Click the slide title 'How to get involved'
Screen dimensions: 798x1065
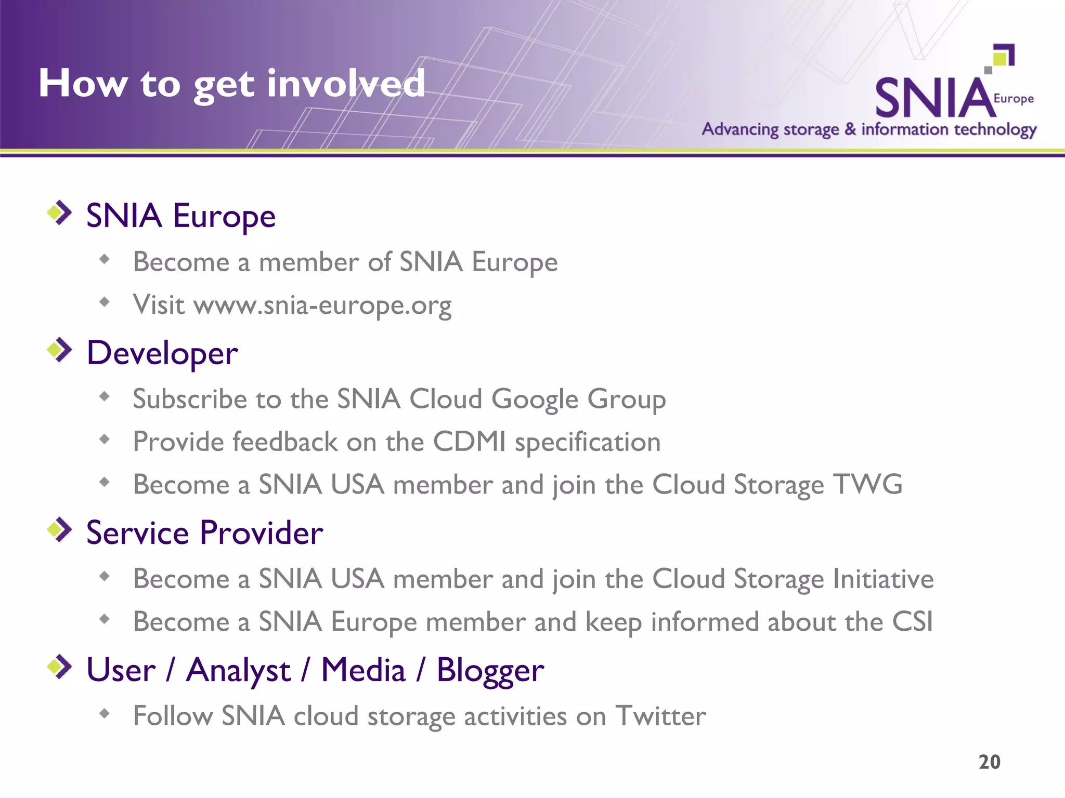pos(232,84)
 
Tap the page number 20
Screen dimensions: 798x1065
pos(989,762)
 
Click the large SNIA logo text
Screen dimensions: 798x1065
pos(934,98)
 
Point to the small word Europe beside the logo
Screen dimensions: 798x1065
pos(1014,99)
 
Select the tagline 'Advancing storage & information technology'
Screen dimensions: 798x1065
pos(869,129)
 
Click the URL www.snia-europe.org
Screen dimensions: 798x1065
pos(322,305)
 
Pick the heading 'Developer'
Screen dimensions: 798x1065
pos(162,353)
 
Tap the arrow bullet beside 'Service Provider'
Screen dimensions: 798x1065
pos(60,530)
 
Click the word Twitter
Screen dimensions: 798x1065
pos(660,716)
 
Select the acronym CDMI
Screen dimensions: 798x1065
pos(469,442)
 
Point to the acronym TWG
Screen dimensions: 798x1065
pos(868,485)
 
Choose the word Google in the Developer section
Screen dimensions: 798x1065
pos(535,400)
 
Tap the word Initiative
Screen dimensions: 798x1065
pos(883,579)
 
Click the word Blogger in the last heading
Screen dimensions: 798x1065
pos(490,670)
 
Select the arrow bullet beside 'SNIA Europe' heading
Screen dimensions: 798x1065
pos(60,213)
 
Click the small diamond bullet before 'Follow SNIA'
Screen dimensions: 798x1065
pos(105,713)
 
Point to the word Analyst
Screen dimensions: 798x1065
pos(238,670)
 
